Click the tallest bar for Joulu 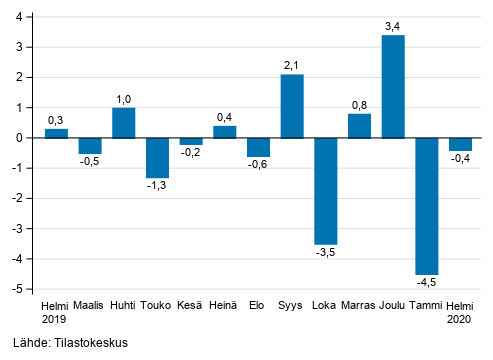[393, 86]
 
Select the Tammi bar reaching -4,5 [427, 205]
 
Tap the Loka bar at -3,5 [326, 190]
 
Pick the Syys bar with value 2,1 [292, 106]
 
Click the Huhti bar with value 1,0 [124, 122]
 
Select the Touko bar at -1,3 [157, 157]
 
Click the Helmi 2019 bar [56, 133]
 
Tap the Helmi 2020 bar [460, 144]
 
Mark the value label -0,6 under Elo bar [258, 166]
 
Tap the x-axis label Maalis [90, 305]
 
